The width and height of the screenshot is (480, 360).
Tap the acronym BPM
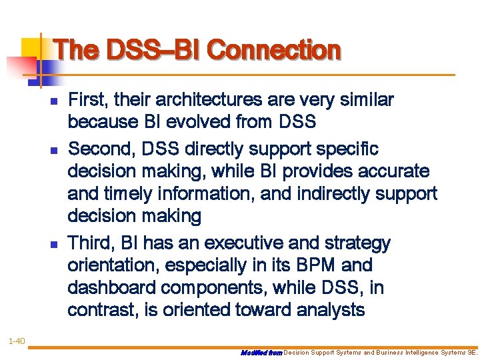311,266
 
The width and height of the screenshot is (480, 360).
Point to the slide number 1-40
17,342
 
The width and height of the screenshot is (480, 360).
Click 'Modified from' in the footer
261,353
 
